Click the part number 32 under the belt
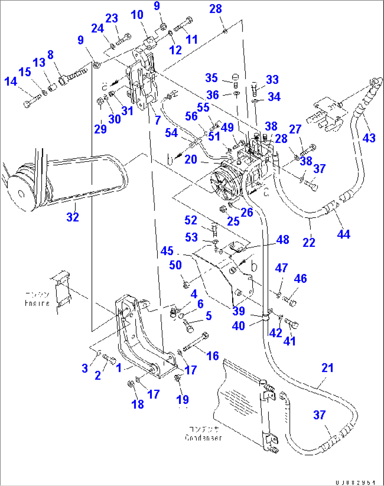point(73,217)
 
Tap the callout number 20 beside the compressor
point(191,160)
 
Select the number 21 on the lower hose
point(327,368)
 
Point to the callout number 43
point(369,138)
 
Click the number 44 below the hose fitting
point(343,234)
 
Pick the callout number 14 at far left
point(11,81)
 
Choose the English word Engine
point(37,303)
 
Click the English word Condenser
point(203,438)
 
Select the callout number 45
point(167,251)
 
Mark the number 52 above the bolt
point(191,220)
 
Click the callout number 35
point(211,78)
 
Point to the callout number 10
point(137,15)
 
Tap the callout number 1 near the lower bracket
point(119,368)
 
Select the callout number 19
point(182,400)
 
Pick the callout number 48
point(283,240)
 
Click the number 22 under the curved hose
point(309,243)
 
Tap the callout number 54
point(171,133)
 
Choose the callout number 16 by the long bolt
point(212,356)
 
